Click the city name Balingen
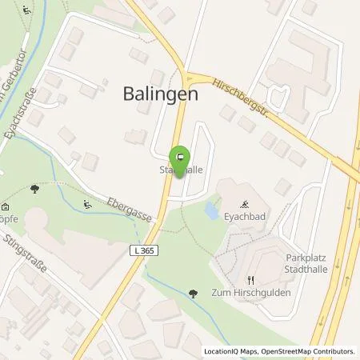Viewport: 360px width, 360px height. pos(161,94)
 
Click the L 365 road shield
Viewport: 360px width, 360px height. pos(144,250)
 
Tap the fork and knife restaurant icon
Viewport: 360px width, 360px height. pos(250,279)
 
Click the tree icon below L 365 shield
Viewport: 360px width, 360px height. pos(192,294)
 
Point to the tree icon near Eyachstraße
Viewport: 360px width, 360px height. pos(35,189)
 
